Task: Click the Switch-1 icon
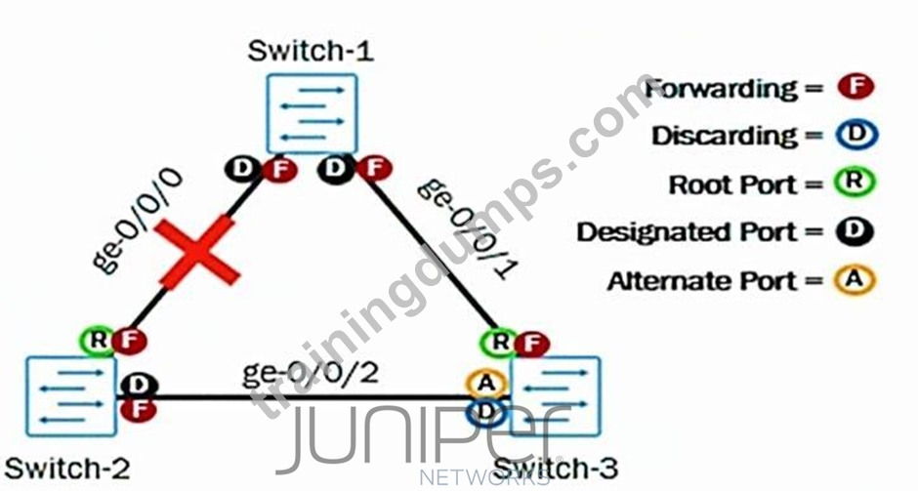(x=313, y=113)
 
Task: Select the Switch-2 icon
(x=71, y=396)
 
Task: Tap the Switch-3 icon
(x=556, y=396)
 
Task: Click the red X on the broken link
(x=198, y=252)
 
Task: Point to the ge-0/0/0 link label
(x=138, y=221)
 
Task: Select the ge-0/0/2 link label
(x=311, y=372)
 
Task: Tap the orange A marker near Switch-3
(x=486, y=384)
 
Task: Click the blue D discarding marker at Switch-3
(x=485, y=412)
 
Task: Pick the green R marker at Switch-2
(x=99, y=340)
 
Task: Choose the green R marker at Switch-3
(x=499, y=343)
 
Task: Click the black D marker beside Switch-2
(x=139, y=385)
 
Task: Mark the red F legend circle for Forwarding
(x=855, y=87)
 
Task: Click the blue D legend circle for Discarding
(x=856, y=135)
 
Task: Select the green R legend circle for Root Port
(x=855, y=182)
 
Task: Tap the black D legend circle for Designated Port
(x=855, y=231)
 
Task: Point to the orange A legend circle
(x=855, y=279)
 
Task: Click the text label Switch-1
(x=311, y=51)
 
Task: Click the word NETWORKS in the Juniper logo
(x=484, y=477)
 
